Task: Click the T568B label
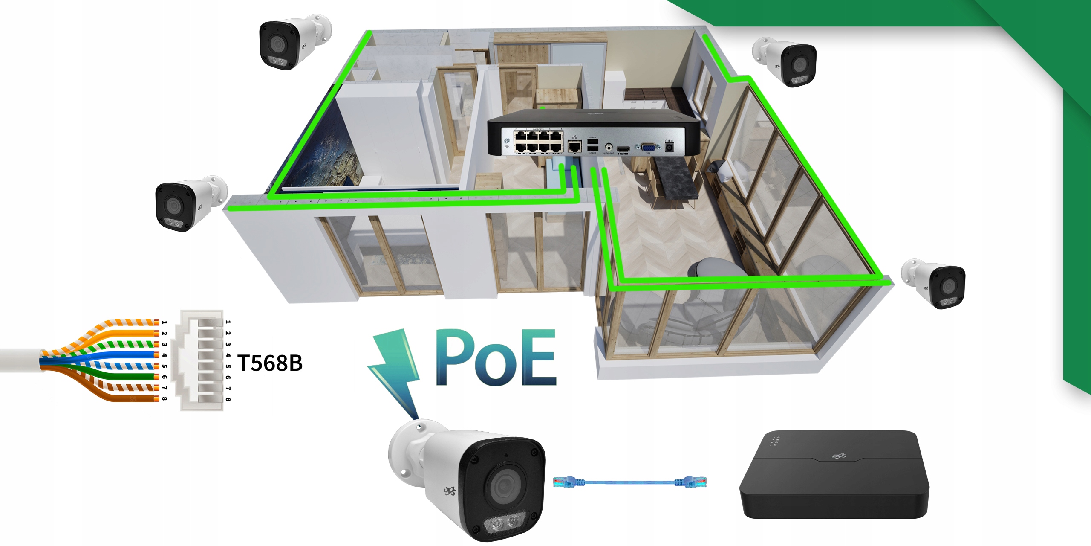270,363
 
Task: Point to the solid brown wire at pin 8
128,398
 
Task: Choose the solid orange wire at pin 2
128,333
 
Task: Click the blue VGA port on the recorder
648,148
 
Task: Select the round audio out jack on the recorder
609,147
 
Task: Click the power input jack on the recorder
669,147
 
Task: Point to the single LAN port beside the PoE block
574,147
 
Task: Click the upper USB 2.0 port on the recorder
592,142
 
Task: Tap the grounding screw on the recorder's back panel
507,141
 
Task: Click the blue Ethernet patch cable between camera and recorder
629,482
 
